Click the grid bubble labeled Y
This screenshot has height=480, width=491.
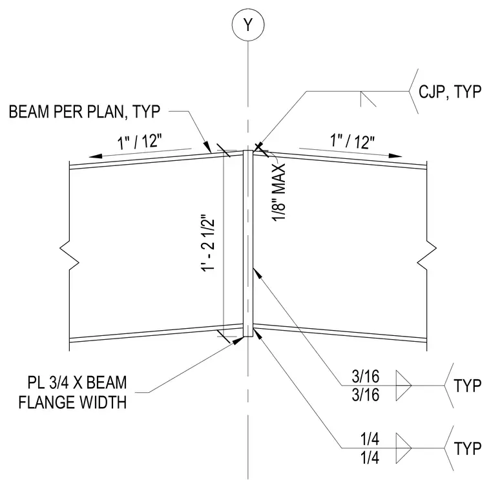(248, 25)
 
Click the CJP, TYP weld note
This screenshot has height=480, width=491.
(450, 92)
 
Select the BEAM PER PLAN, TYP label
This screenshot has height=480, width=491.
(85, 112)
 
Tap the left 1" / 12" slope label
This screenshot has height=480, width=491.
(140, 142)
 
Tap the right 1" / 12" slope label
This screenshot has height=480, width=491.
(352, 141)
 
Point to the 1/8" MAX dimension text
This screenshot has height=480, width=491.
(278, 193)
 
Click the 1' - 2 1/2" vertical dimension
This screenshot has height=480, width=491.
(208, 244)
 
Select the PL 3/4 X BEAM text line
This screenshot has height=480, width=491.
(77, 382)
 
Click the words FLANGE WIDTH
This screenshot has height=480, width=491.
(72, 402)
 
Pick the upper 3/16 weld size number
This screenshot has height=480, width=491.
(366, 377)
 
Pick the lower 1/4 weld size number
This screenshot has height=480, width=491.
(370, 458)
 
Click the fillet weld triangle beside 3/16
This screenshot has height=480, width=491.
(403, 386)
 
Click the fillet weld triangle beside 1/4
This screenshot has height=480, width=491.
(403, 448)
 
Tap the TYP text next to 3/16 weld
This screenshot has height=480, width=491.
(467, 386)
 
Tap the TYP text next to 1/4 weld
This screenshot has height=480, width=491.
(467, 448)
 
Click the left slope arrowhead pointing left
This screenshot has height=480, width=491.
(95, 156)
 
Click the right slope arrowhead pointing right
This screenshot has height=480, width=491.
(395, 155)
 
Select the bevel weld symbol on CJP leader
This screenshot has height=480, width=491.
(368, 99)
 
